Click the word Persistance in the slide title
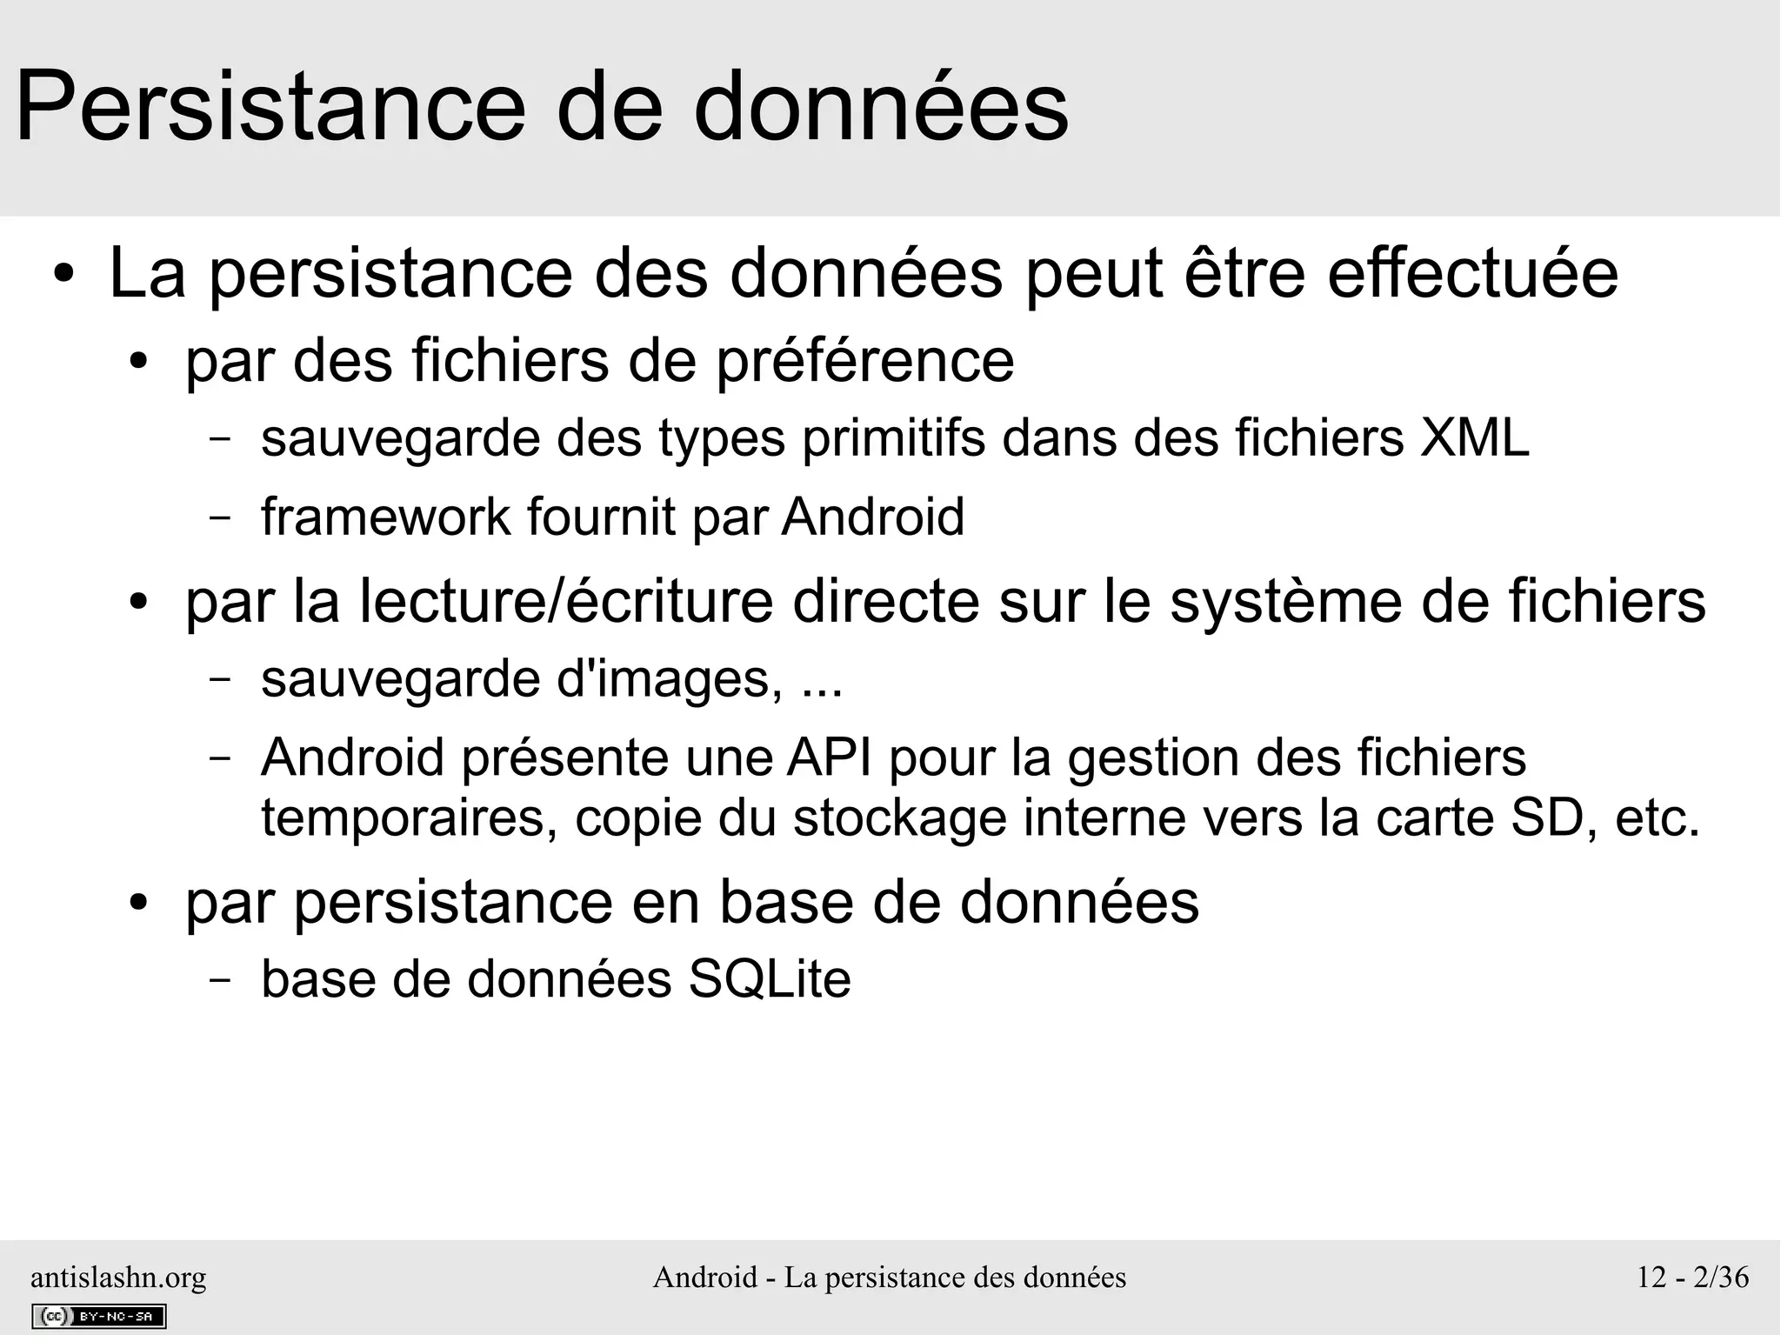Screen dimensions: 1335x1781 pyautogui.click(x=270, y=108)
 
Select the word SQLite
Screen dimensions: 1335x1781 pyautogui.click(x=769, y=979)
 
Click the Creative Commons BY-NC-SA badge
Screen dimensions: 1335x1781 pyautogui.click(x=98, y=1316)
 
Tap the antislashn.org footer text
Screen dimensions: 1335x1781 pyautogui.click(x=118, y=1277)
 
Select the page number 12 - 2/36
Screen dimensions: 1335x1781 pyautogui.click(x=1692, y=1277)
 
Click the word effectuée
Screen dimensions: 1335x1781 pyautogui.click(x=1472, y=275)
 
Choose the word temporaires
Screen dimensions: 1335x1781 pyautogui.click(x=409, y=818)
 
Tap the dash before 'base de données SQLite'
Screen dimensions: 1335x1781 pyautogui.click(x=220, y=980)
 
